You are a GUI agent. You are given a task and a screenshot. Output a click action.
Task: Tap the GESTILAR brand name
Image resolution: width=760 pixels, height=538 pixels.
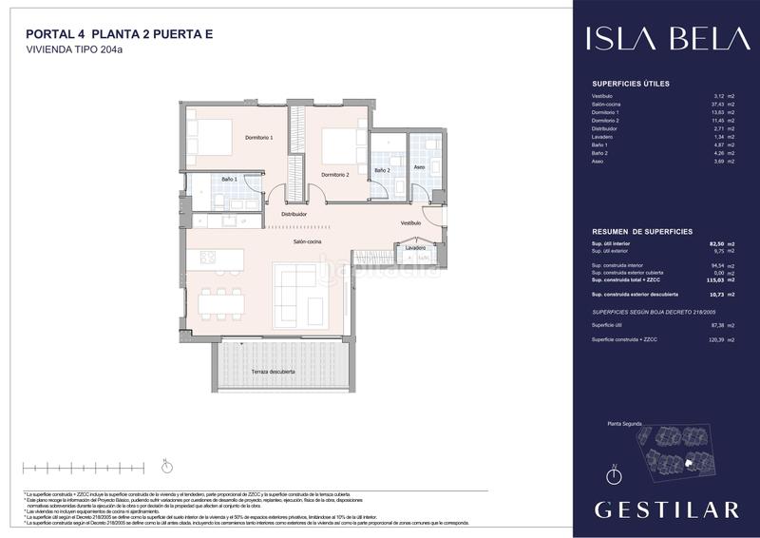(666, 509)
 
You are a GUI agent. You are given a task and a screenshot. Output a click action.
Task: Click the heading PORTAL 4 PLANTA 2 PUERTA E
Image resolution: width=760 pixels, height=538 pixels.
(119, 34)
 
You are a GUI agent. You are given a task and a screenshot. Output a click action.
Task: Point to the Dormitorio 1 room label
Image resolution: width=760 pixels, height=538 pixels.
(259, 138)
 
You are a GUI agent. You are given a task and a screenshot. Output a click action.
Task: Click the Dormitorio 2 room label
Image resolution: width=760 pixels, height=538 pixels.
(334, 175)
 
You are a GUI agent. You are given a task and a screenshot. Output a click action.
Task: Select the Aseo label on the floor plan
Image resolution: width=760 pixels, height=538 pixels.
(420, 168)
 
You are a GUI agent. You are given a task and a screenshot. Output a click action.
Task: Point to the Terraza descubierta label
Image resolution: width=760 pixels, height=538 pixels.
(273, 372)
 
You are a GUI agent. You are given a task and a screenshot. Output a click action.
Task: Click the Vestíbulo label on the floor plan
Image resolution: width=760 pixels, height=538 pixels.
(410, 223)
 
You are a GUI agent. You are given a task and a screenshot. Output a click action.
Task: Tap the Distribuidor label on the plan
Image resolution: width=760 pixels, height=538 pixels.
(294, 215)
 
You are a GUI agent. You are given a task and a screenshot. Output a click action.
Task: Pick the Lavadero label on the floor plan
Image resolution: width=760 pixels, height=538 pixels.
(415, 248)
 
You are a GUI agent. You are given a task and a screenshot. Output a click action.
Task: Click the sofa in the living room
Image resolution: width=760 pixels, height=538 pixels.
(299, 295)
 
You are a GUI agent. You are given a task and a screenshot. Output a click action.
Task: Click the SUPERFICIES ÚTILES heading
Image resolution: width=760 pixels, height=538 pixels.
(630, 84)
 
